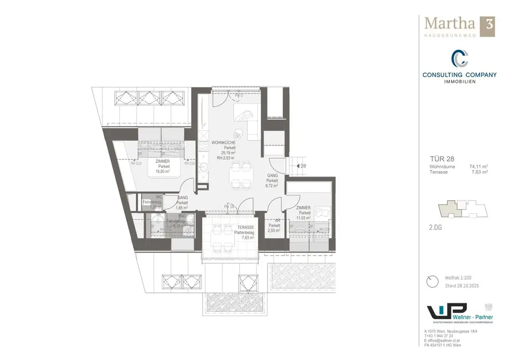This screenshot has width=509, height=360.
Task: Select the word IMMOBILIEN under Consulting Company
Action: click(x=459, y=82)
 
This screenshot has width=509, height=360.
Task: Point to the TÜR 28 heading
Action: click(x=440, y=159)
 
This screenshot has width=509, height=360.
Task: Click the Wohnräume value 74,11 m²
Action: click(x=478, y=167)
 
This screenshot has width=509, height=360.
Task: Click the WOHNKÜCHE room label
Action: click(x=223, y=142)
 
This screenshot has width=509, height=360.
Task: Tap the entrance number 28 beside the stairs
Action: click(x=303, y=166)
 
